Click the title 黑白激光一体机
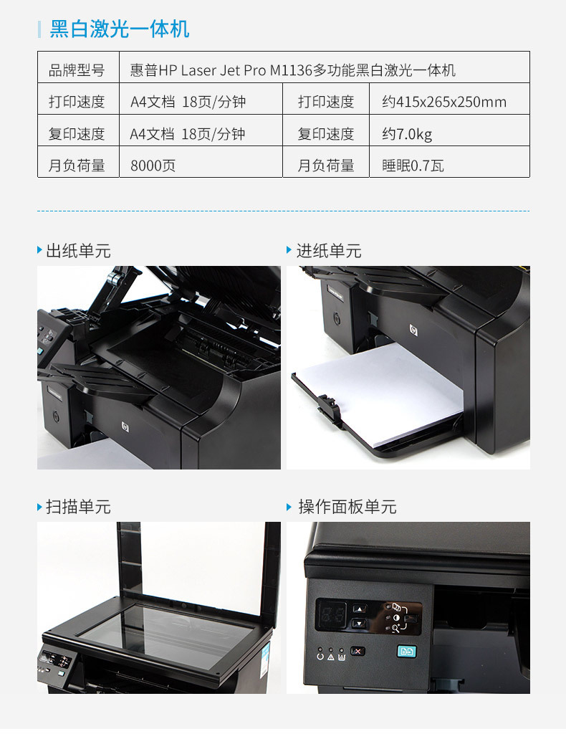pos(119,29)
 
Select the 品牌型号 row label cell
pos(78,67)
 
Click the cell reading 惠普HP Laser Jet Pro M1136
pos(325,67)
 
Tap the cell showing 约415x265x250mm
pos(449,99)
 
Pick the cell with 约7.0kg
pos(449,130)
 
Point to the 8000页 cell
pos(201,162)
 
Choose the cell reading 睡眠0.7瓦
pos(449,162)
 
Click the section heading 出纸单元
pos(78,251)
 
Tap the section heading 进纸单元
pos(329,251)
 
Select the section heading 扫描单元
pos(78,507)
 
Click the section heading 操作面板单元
pos(347,507)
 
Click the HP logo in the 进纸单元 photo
pos(413,330)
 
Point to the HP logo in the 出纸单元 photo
pos(125,426)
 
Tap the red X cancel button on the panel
pos(358,651)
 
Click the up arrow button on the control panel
pos(359,609)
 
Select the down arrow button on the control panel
pos(359,623)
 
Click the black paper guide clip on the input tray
pos(328,409)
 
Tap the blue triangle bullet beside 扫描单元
pos(39,507)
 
